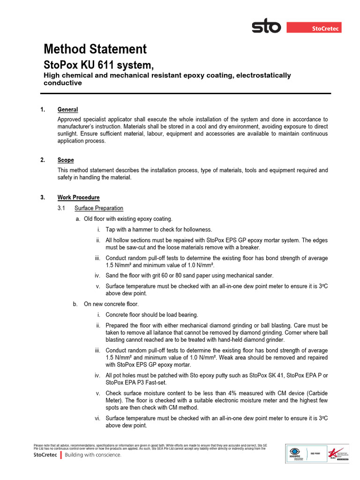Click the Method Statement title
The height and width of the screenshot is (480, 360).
point(95,49)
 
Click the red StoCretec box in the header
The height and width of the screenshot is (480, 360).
point(314,29)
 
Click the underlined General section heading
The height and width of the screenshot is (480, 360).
point(67,110)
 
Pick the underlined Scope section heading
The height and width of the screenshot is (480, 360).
point(66,160)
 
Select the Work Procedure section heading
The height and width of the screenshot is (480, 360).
point(78,197)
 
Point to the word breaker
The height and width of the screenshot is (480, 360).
point(248,247)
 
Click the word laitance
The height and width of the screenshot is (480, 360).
point(166,332)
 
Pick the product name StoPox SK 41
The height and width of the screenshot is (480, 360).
point(266,375)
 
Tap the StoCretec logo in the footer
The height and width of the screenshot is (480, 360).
point(45,455)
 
